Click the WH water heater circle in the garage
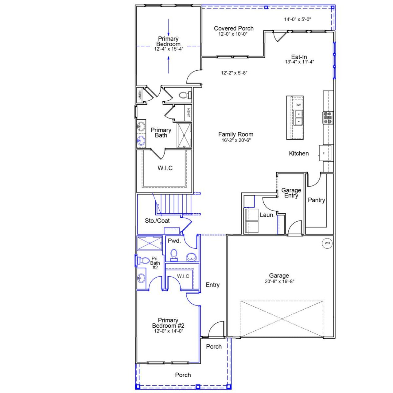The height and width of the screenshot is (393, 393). click(327, 243)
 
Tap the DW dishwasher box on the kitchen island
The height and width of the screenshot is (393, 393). click(298, 105)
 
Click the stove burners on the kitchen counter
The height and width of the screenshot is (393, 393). click(328, 118)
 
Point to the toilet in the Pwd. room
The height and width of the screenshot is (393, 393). click(174, 255)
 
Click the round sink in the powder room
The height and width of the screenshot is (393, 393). click(192, 257)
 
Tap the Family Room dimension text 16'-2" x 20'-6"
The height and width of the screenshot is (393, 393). click(235, 140)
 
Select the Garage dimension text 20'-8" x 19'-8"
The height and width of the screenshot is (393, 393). click(279, 281)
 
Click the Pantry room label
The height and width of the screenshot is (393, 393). click(316, 200)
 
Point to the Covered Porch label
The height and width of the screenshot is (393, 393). click(234, 29)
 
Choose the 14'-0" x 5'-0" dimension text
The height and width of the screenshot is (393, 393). click(298, 19)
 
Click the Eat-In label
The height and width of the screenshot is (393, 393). click(299, 57)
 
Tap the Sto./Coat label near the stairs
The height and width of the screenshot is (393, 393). click(157, 221)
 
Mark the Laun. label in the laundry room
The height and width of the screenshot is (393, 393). click(267, 215)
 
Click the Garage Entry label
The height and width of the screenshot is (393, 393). click(291, 193)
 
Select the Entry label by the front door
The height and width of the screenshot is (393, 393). click(212, 285)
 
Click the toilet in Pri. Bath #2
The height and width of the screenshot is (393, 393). click(143, 261)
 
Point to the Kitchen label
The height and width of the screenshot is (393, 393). click(299, 154)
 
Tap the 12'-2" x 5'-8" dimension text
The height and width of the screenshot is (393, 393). click(234, 73)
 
